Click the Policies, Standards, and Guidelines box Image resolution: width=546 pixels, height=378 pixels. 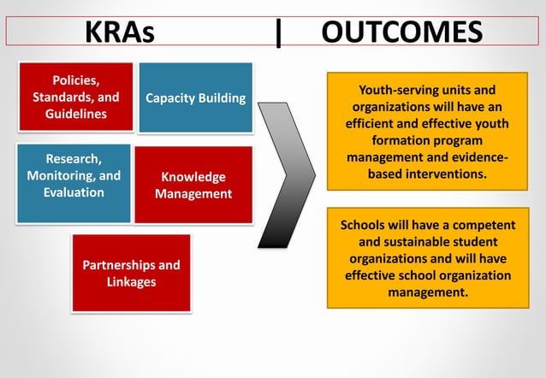point(75,97)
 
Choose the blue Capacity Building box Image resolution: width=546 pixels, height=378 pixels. point(195,97)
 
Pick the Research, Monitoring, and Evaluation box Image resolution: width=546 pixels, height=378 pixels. point(74,176)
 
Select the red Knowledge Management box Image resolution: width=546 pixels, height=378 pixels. point(193,185)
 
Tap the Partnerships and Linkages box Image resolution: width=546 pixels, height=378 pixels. point(131,273)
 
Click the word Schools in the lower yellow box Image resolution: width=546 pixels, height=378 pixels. point(365,226)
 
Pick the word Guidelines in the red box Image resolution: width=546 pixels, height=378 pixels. point(75,114)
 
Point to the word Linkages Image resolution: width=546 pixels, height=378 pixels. point(131,281)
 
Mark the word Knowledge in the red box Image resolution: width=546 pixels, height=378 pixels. point(193,177)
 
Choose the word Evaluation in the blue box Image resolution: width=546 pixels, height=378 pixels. point(74,192)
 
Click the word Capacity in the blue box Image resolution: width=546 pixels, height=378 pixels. point(169,98)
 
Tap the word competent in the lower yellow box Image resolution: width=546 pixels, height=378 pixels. point(484,226)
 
